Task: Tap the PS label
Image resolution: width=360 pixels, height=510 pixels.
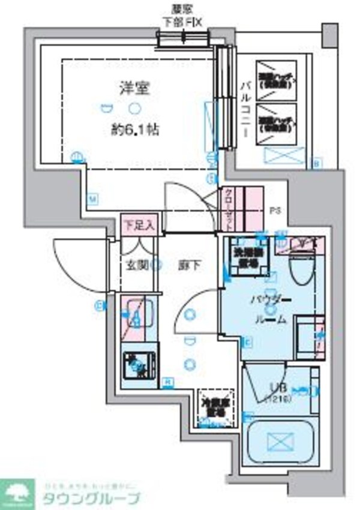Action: tap(275, 210)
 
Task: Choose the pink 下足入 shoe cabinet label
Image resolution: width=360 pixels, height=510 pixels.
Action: tap(139, 225)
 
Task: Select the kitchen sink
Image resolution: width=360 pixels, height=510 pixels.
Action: tap(139, 314)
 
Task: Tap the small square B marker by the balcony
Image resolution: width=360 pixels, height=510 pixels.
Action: tap(317, 162)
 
